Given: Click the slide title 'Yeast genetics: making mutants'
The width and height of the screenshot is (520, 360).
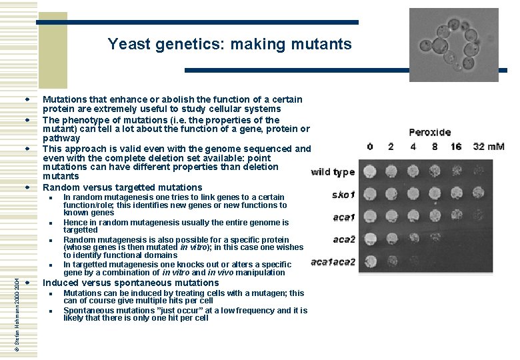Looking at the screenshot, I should [x=229, y=45].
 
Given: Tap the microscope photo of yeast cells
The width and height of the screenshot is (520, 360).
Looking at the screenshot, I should [x=453, y=45].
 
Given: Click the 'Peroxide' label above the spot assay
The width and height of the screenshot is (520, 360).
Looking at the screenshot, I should [x=429, y=133].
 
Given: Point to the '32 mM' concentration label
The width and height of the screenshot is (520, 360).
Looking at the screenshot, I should [x=489, y=146].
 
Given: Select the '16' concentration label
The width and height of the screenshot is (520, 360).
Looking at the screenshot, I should [x=455, y=146].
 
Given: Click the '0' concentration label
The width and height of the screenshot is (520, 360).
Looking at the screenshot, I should [x=370, y=146].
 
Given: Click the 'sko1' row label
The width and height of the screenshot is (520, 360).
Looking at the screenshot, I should [x=343, y=195].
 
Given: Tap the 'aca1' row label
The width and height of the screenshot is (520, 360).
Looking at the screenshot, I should [x=344, y=217].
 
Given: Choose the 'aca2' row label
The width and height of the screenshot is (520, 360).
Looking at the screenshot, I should [x=344, y=239].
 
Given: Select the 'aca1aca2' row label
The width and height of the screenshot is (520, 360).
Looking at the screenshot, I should [x=333, y=262].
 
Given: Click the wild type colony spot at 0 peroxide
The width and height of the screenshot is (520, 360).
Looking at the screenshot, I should [x=371, y=171].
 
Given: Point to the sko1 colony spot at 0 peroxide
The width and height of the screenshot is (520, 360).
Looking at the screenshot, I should [x=371, y=194].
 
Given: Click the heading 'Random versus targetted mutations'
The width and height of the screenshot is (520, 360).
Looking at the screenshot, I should [x=122, y=187].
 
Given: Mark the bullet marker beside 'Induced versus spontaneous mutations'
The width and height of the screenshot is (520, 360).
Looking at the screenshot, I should [x=28, y=283].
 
